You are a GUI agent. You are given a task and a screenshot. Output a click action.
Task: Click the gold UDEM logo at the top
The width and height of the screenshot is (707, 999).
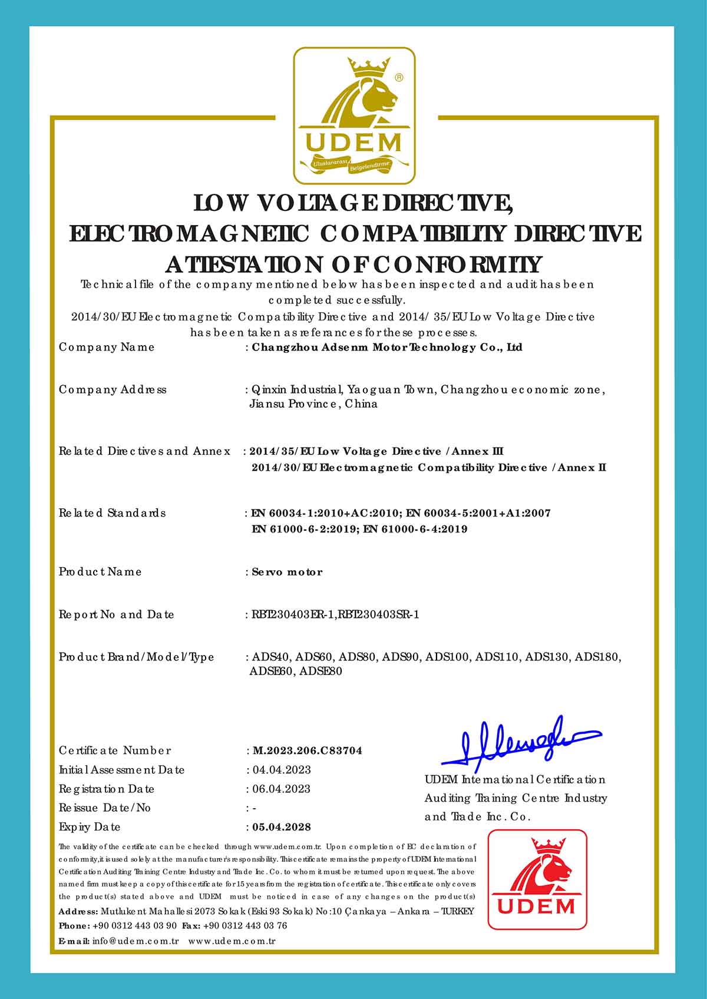click(x=354, y=116)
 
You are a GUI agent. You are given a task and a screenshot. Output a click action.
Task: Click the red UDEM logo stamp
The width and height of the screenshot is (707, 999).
click(x=537, y=879)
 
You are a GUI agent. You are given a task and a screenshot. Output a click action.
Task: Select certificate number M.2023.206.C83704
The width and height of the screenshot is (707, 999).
click(x=308, y=750)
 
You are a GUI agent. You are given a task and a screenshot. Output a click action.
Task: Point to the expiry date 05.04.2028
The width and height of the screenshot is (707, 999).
click(x=282, y=827)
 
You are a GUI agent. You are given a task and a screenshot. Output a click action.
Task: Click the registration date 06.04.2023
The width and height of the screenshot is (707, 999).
click(x=282, y=789)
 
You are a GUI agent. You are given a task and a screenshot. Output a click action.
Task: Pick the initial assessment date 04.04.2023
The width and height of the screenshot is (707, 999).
click(x=282, y=770)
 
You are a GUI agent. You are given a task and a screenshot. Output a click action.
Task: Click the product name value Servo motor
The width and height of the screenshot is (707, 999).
click(x=287, y=572)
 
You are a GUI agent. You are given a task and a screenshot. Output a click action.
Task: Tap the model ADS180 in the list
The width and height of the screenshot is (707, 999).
click(x=597, y=657)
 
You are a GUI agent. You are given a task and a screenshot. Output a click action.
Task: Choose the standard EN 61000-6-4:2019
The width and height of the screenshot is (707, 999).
click(x=415, y=529)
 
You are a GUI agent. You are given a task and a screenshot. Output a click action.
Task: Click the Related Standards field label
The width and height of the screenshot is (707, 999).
click(x=112, y=513)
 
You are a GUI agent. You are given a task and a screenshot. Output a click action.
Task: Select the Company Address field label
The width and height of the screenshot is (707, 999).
click(x=113, y=389)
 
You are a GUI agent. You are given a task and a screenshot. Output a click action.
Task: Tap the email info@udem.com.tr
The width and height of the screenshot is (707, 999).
click(x=136, y=941)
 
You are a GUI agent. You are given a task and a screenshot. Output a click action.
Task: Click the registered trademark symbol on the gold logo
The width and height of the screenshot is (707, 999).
click(x=399, y=77)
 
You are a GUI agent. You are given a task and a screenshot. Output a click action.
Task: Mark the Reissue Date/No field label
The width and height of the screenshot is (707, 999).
click(x=105, y=808)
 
